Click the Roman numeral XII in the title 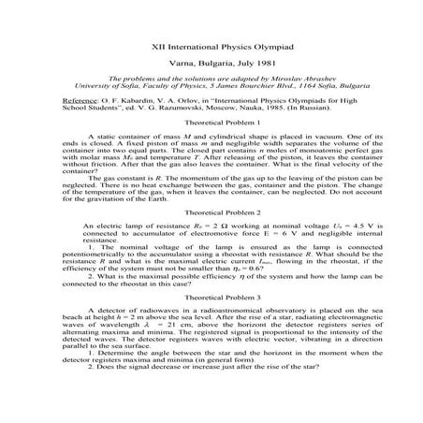[x=158, y=46]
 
